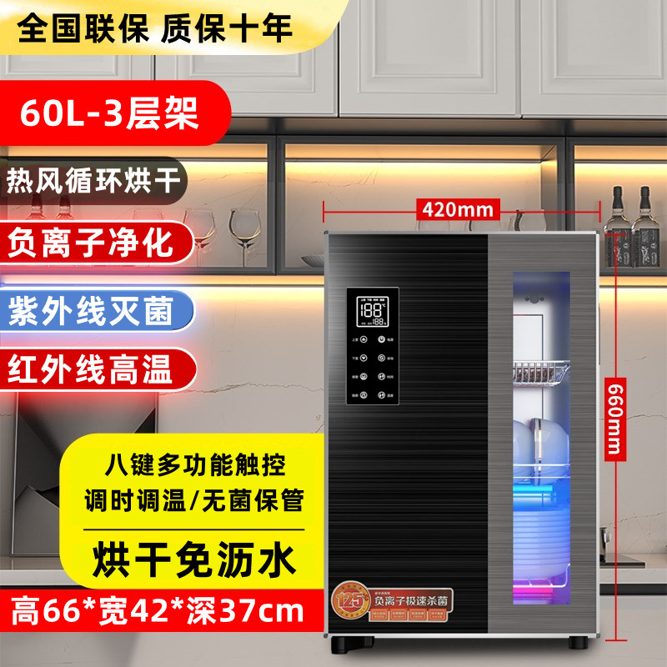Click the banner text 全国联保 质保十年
[x=155, y=28]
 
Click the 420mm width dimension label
[x=457, y=208]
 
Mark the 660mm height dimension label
[x=615, y=417]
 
